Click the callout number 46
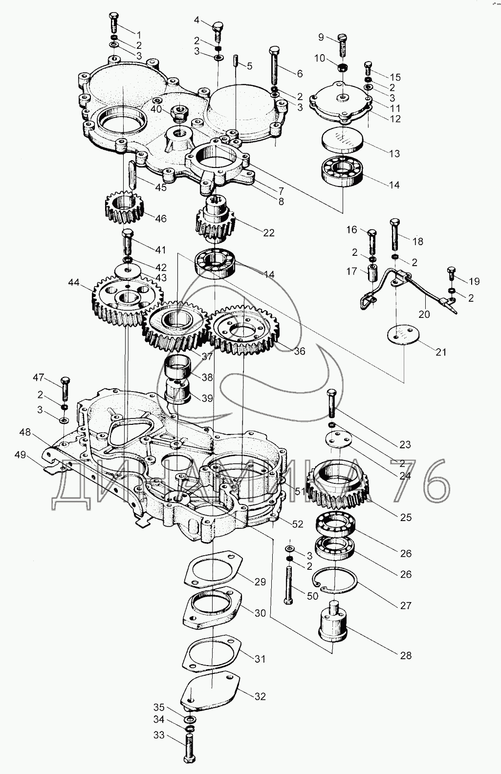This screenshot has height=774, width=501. (160, 218)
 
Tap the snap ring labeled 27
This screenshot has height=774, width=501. (335, 581)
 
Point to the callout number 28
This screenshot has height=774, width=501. (406, 655)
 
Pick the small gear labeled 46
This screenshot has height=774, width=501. (124, 207)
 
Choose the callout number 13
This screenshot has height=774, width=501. (394, 153)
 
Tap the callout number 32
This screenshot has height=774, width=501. (260, 696)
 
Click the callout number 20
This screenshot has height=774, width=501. (424, 314)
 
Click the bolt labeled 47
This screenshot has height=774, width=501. (65, 388)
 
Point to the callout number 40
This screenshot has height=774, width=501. (156, 109)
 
